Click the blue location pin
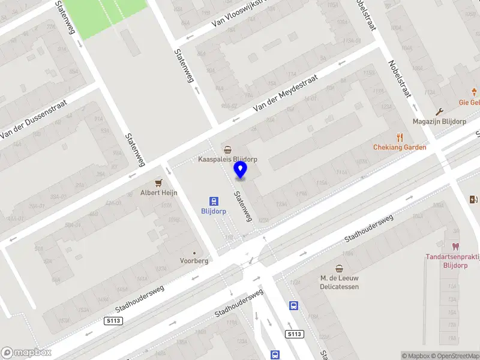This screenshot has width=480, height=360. pyautogui.click(x=241, y=170)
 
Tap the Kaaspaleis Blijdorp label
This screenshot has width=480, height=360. pyautogui.click(x=228, y=160)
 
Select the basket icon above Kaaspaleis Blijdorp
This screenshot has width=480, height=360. pyautogui.click(x=228, y=149)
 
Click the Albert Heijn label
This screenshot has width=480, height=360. pyautogui.click(x=158, y=193)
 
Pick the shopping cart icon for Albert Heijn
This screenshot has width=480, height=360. pyautogui.click(x=158, y=182)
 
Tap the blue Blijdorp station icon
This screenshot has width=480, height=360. pyautogui.click(x=214, y=201)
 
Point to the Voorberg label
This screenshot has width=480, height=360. pyautogui.click(x=194, y=261)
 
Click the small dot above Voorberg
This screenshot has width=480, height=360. pyautogui.click(x=194, y=253)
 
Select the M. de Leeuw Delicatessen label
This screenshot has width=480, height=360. pyautogui.click(x=340, y=282)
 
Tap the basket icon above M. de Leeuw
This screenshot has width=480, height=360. pyautogui.click(x=340, y=268)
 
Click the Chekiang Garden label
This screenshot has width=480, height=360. pyautogui.click(x=400, y=148)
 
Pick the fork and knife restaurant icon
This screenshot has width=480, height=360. pyautogui.click(x=400, y=137)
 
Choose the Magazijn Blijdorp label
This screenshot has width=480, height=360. pyautogui.click(x=440, y=121)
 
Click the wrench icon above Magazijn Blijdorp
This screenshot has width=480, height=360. pyautogui.click(x=440, y=111)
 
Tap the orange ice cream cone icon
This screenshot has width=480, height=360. pyautogui.click(x=474, y=92)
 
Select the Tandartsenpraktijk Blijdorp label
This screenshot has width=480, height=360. pyautogui.click(x=453, y=261)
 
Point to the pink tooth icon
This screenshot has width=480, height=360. pyautogui.click(x=455, y=246)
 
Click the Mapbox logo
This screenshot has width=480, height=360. pyautogui.click(x=26, y=353)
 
